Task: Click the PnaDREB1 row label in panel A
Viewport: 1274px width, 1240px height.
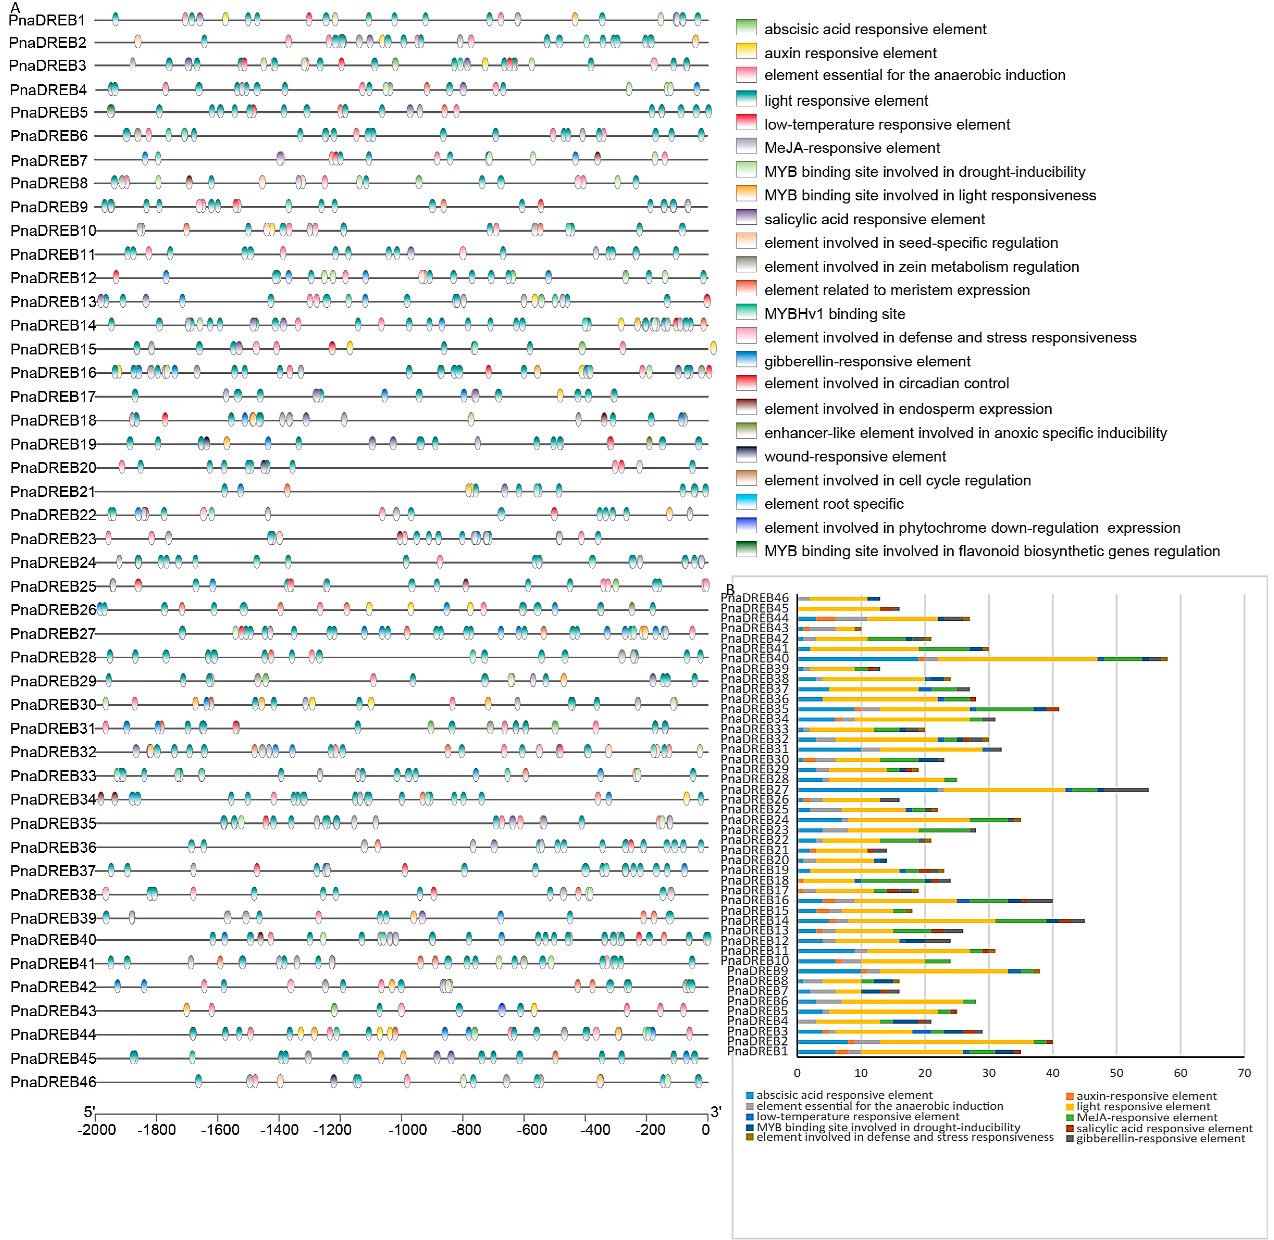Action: coord(47,20)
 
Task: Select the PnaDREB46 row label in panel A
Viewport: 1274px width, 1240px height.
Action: coord(53,1082)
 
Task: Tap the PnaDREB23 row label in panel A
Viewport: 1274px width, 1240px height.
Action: coord(53,539)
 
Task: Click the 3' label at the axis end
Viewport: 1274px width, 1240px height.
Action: coord(716,1112)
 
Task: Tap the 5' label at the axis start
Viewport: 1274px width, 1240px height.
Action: coord(89,1112)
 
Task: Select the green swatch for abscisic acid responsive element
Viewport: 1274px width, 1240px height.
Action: coord(746,27)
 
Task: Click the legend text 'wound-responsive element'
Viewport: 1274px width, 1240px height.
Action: coord(855,457)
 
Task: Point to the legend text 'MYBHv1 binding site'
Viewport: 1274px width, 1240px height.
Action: coord(835,314)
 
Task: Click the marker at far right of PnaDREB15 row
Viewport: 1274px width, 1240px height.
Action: coord(714,348)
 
